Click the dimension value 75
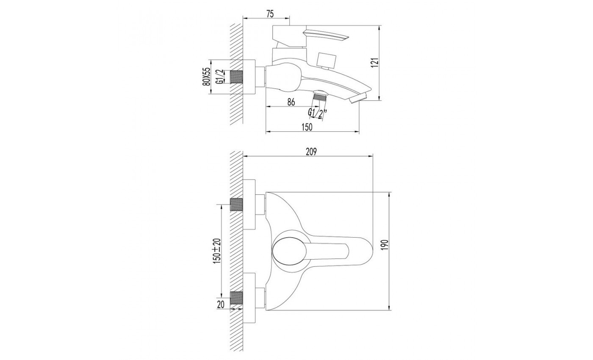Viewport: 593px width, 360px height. pyautogui.click(x=270, y=14)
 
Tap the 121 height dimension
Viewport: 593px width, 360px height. pyautogui.click(x=376, y=63)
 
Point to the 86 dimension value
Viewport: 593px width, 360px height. pyautogui.click(x=291, y=102)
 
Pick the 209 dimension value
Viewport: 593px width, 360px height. pyautogui.click(x=311, y=152)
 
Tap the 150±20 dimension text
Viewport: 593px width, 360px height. pyautogui.click(x=216, y=251)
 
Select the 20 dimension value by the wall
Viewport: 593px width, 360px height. pyautogui.click(x=221, y=305)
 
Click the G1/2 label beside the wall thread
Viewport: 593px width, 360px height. pyautogui.click(x=219, y=77)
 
